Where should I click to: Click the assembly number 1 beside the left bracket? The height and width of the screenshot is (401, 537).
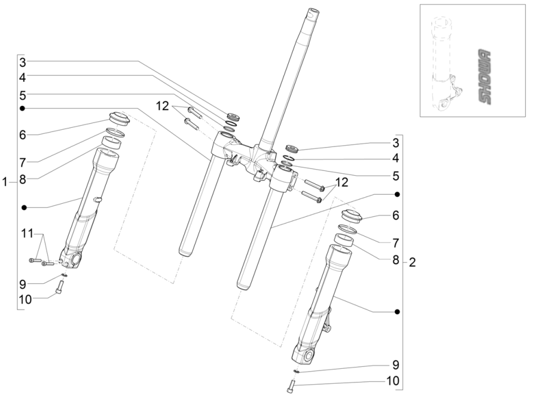coord(5,182)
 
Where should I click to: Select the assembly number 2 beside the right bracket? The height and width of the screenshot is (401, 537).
coord(411,262)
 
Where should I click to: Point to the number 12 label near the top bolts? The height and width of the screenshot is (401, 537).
coord(163,106)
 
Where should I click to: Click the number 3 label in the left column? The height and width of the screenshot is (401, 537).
coord(22,62)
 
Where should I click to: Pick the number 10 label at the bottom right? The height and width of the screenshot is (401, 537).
coord(393,380)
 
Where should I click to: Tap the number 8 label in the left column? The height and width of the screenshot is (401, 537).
coord(22,177)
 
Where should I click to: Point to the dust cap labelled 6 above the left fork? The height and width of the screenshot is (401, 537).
coord(118,118)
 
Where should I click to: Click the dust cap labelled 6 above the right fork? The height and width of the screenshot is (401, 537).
coord(350,218)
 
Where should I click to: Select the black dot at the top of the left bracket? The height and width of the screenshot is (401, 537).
coord(22,108)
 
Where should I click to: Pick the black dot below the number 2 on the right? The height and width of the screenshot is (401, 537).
coord(397,311)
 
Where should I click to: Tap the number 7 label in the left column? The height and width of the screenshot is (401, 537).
coord(22,163)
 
